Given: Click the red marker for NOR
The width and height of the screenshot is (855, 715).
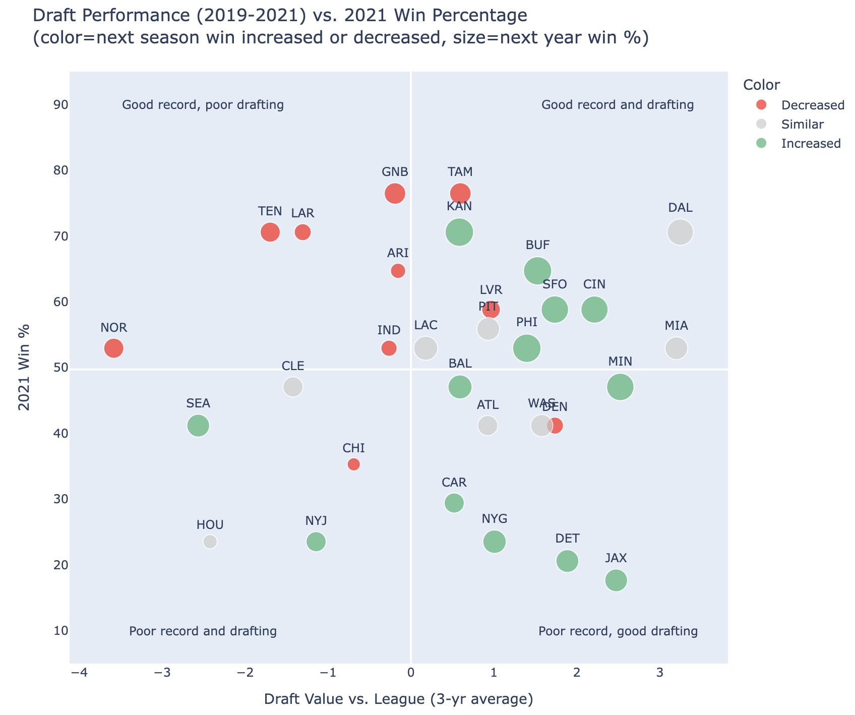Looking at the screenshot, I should pyautogui.click(x=114, y=348).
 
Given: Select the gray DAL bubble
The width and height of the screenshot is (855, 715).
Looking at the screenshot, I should pyautogui.click(x=680, y=232).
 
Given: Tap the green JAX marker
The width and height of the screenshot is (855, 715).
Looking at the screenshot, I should pyautogui.click(x=616, y=580).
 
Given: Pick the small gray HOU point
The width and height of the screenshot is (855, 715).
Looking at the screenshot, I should pyautogui.click(x=210, y=542).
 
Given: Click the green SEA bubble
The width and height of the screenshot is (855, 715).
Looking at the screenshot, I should pyautogui.click(x=198, y=426).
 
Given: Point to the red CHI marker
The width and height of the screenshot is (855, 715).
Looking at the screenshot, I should pyautogui.click(x=354, y=464).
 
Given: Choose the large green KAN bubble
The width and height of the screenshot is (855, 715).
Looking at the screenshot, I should pyautogui.click(x=459, y=232).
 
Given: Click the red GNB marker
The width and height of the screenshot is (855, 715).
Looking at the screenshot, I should pyautogui.click(x=395, y=194).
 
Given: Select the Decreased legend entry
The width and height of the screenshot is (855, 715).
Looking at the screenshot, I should pyautogui.click(x=812, y=105).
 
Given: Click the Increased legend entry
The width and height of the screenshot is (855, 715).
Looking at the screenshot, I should pyautogui.click(x=811, y=144).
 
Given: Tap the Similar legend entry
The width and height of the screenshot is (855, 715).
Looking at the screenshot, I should pyautogui.click(x=802, y=125).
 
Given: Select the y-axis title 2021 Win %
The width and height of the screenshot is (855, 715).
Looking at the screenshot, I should pyautogui.click(x=25, y=368).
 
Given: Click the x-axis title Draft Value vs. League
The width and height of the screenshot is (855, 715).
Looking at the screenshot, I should pyautogui.click(x=398, y=699).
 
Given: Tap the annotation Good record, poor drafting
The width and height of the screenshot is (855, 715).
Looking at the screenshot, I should pyautogui.click(x=203, y=105).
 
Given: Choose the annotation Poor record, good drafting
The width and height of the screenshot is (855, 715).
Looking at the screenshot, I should pyautogui.click(x=618, y=631).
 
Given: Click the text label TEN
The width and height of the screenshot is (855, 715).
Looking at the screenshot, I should pyautogui.click(x=270, y=212).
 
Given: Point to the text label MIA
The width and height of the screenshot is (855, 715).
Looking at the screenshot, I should pyautogui.click(x=677, y=326).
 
